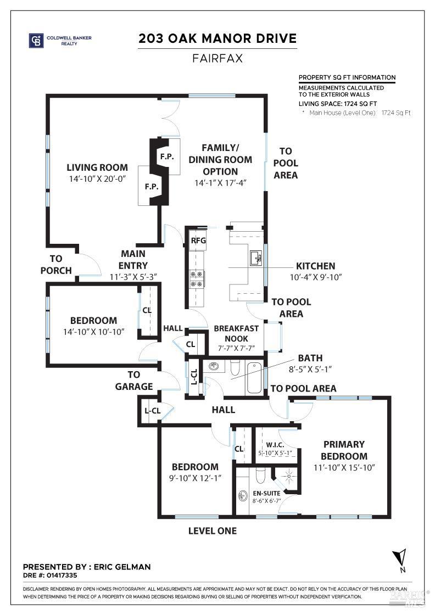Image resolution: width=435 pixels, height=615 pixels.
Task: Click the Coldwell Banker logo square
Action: click(36, 41)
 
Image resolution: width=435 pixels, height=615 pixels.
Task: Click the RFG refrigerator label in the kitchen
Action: click(197, 240)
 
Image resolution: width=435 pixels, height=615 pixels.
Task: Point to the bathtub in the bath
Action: click(254, 377)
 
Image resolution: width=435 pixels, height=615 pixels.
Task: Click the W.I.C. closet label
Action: click(274, 444)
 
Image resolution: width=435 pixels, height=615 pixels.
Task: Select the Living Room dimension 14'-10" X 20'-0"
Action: click(97, 179)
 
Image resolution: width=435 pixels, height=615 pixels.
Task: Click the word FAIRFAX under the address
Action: click(217, 58)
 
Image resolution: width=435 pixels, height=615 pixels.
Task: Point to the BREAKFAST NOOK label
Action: click(236, 333)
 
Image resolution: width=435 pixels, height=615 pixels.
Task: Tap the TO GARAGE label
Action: click(134, 381)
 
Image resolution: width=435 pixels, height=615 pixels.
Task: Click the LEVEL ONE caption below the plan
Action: click(213, 531)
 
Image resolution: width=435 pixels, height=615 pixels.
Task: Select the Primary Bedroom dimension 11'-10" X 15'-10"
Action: click(344, 468)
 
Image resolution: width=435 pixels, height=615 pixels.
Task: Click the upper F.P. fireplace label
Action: click(167, 157)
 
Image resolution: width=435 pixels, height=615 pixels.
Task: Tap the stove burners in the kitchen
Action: click(197, 278)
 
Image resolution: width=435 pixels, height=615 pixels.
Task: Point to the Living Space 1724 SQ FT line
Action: click(338, 103)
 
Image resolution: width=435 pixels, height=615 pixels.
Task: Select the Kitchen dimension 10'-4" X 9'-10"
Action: click(316, 277)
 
